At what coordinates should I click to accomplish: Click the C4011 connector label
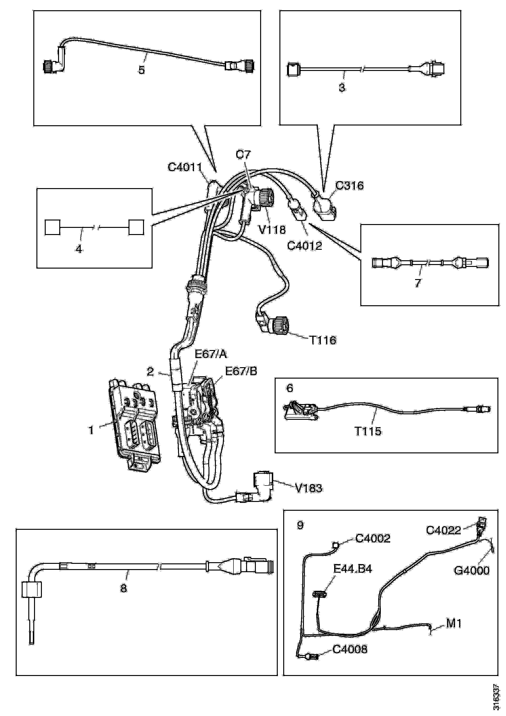pos(185,167)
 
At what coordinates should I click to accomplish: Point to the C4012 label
pos(304,246)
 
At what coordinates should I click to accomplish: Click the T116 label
pos(323,340)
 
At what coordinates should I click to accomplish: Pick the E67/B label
pos(241,371)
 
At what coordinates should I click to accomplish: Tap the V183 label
pos(309,488)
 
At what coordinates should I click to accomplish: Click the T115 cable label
pos(368,431)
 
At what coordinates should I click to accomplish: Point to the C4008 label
pos(350,650)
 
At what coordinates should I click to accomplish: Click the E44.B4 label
pos(353,569)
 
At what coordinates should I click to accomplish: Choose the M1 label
pos(454,623)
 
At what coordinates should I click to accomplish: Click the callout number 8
pos(124,588)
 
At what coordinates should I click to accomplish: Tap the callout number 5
pos(142,70)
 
